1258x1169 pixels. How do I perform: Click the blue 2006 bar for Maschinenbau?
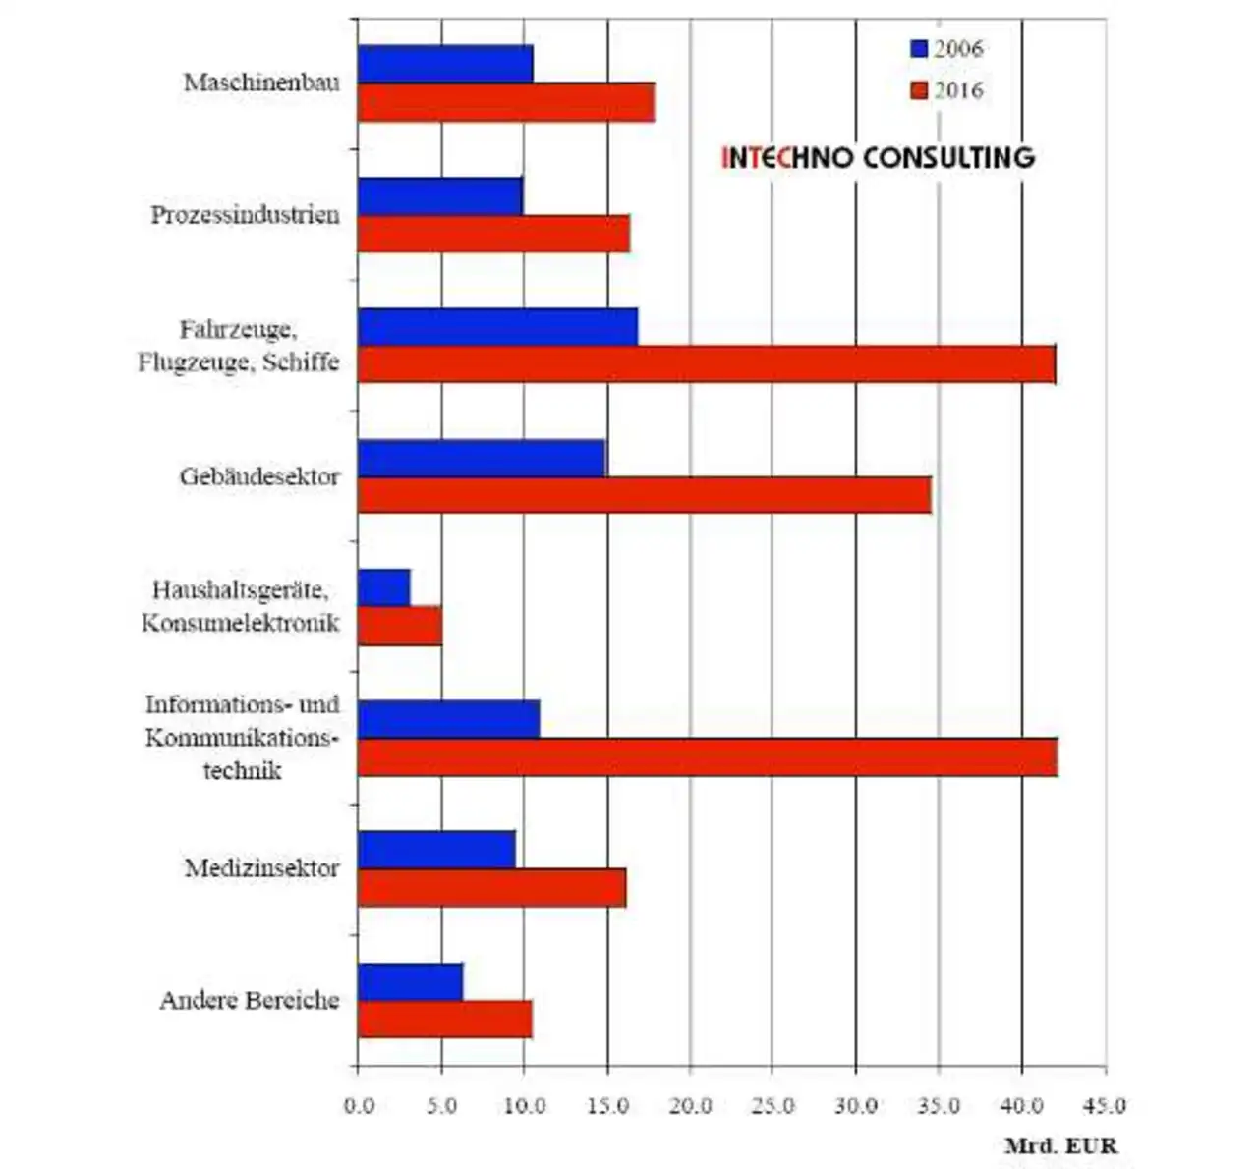coord(445,64)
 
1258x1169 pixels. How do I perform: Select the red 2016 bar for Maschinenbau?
coord(506,102)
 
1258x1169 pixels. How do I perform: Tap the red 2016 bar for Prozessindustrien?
coord(494,234)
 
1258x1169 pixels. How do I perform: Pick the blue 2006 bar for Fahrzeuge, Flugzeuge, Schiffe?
coord(498,327)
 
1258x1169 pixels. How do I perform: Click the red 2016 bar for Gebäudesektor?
coord(645,494)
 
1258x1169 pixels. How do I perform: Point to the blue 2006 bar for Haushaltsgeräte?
coord(384,587)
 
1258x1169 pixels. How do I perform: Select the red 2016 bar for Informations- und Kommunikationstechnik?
coord(708,756)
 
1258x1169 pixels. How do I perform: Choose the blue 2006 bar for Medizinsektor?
coord(436,849)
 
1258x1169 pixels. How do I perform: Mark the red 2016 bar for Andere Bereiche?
coord(444,1019)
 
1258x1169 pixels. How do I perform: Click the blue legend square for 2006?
coord(919,49)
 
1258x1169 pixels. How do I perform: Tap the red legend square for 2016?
coord(919,90)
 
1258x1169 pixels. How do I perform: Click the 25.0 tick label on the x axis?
coord(772,1106)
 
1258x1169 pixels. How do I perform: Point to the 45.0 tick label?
coord(1105,1106)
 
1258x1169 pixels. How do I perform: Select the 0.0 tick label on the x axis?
coord(359,1106)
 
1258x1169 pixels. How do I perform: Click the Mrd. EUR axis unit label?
coord(1061,1145)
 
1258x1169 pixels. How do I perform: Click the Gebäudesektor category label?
coord(259,476)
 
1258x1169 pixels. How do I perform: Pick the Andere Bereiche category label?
coord(250,1001)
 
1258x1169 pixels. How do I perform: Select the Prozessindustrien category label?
coord(245,215)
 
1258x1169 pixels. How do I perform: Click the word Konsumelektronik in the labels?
coord(241,623)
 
